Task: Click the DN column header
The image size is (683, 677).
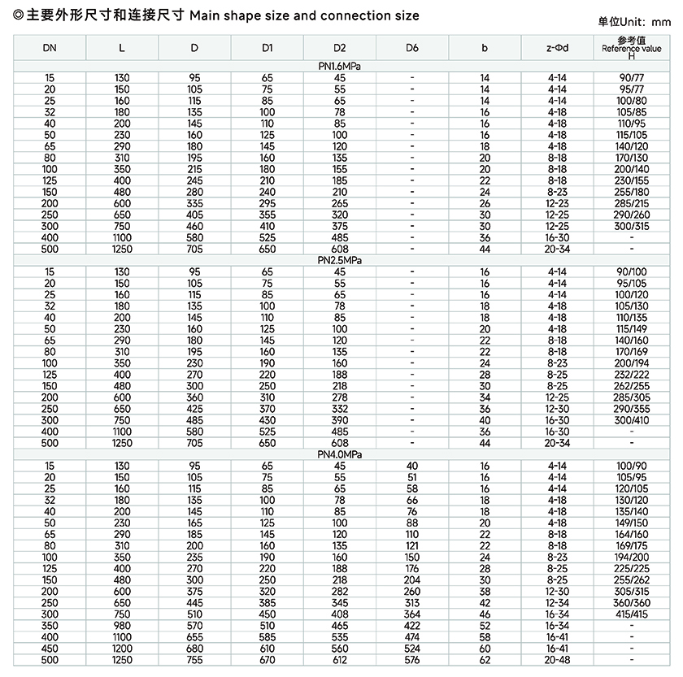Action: coord(50,48)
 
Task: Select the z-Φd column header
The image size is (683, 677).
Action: coord(557,48)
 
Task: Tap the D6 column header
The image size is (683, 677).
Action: coord(412,48)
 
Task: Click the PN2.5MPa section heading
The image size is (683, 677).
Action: coord(340,260)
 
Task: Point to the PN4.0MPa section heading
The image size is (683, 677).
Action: coord(340,454)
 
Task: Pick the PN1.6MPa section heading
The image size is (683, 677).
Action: coord(340,66)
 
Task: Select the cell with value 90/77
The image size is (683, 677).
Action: coord(632,77)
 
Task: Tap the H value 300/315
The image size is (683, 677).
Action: coord(632,225)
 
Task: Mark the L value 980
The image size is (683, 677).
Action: coord(122,625)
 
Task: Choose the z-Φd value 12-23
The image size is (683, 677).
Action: coord(557,203)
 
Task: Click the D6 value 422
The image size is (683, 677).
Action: coord(412,625)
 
